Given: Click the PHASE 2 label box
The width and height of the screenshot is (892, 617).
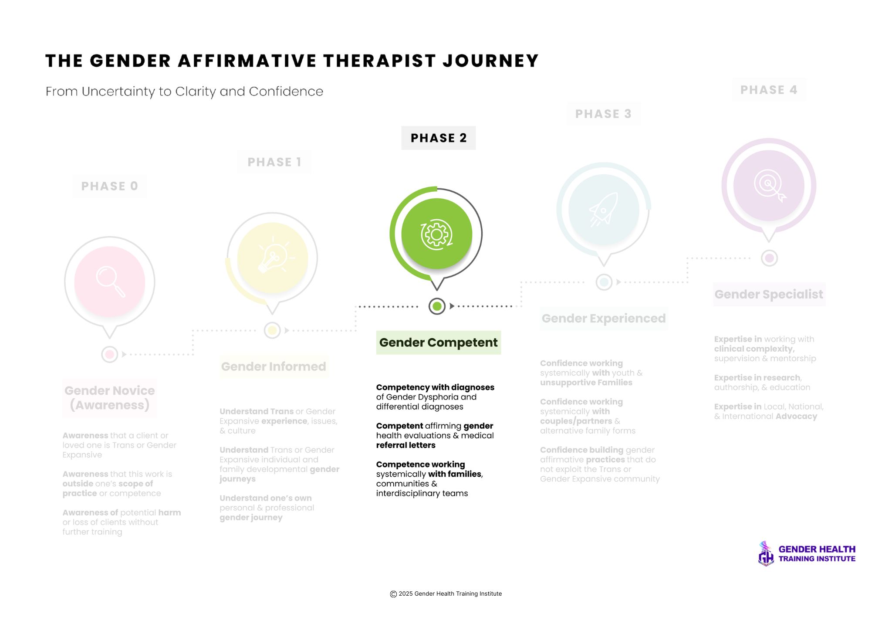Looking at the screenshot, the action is (x=438, y=138).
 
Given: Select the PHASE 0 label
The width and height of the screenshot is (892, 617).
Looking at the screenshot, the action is (x=110, y=186).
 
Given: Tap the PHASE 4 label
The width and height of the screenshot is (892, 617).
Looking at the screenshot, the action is (x=769, y=90).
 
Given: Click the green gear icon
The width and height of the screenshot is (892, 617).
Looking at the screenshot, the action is (x=436, y=234).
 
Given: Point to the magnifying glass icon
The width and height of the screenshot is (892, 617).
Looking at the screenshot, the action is (x=110, y=281).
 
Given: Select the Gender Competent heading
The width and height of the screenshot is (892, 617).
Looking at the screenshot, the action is (x=438, y=342).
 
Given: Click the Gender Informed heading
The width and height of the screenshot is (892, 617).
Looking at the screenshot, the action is (x=274, y=366).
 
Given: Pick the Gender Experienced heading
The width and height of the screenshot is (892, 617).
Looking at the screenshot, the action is (x=604, y=319).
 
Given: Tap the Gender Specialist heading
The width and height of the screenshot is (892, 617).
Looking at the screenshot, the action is (x=769, y=295).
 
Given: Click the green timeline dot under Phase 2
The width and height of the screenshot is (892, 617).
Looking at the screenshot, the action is (x=437, y=306).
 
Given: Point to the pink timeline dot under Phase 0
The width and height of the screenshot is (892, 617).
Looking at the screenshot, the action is (x=110, y=354).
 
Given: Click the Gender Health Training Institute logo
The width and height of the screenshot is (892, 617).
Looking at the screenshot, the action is (x=807, y=553).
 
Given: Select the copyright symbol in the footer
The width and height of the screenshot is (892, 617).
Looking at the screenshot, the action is (x=393, y=594).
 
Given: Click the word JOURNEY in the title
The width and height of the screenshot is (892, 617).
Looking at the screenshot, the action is (x=491, y=61).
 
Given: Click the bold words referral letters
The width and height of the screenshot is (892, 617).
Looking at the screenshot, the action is (x=406, y=445).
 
